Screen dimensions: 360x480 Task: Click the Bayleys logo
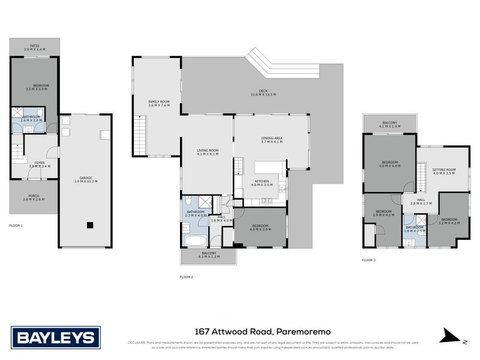tap(56, 337)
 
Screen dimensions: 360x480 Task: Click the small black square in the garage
tap(89, 226)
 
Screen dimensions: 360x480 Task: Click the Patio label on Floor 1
tap(35, 47)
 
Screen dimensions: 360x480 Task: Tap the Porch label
tap(34, 197)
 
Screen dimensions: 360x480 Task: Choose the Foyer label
tap(40, 164)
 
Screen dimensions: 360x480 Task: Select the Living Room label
tap(208, 152)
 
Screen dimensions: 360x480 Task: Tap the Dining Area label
tap(272, 140)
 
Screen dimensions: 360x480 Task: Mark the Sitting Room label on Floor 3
tap(444, 171)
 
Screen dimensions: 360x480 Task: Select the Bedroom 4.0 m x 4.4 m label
tap(389, 164)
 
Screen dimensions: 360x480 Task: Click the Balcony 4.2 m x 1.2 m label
tap(208, 255)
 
